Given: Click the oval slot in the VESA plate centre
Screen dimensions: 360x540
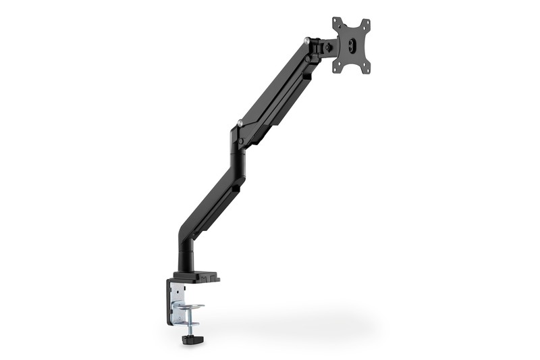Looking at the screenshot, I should click(x=350, y=45).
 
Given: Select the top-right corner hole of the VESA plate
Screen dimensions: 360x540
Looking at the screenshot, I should click(x=366, y=22).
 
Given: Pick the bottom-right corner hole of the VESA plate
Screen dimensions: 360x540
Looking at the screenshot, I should click(x=367, y=68).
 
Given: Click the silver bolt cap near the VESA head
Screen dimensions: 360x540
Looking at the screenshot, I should click(x=308, y=41).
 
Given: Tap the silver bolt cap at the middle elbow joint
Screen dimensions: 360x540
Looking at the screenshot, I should click(x=240, y=124).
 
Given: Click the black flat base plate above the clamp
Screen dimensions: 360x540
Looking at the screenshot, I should click(x=196, y=276).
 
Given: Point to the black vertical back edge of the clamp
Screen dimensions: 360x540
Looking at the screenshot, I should click(x=169, y=301).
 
